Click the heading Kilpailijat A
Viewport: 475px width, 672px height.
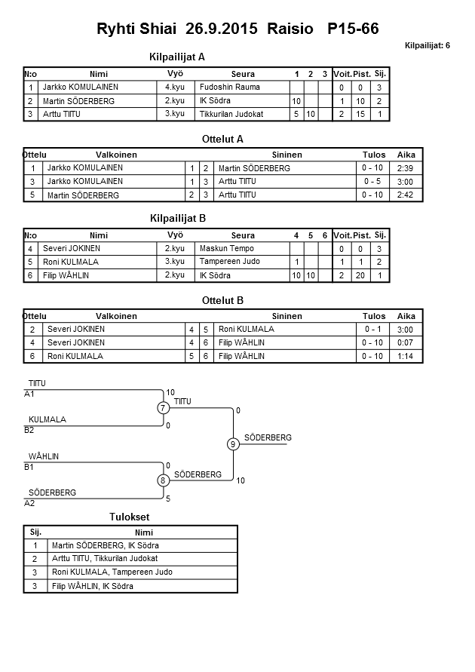coord(178,57)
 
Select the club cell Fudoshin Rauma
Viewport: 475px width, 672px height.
coord(229,87)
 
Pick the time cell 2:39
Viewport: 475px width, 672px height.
coord(406,167)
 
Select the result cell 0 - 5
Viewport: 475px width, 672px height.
coord(373,182)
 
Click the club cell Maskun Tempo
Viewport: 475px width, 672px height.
coord(226,249)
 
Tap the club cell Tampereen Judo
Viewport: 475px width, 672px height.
coord(229,262)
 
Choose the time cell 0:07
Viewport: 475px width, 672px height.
coord(406,342)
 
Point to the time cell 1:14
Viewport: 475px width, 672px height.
coord(406,356)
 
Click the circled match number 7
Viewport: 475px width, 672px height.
coord(163,408)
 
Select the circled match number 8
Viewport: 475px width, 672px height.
coord(163,480)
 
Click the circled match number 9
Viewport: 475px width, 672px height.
coord(233,444)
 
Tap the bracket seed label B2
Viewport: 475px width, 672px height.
coord(29,431)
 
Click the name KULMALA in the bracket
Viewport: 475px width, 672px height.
coord(47,419)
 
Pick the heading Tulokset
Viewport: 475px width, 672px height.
coord(130,517)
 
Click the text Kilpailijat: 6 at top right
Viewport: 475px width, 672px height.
coord(427,45)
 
